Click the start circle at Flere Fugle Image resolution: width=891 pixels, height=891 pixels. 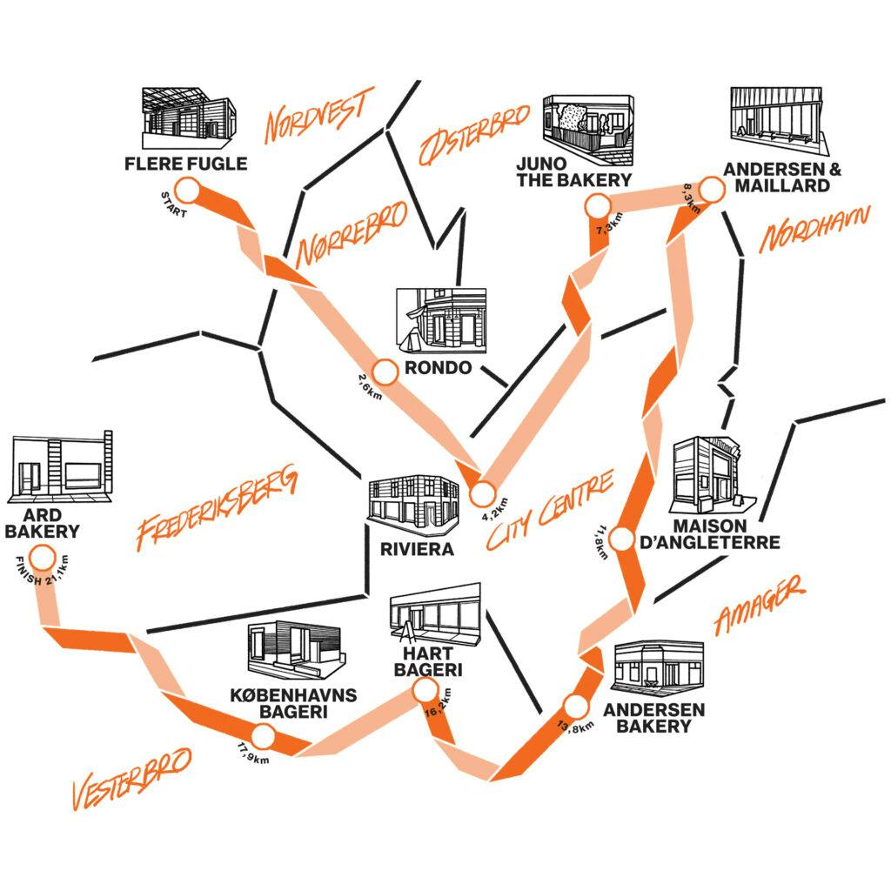click(187, 189)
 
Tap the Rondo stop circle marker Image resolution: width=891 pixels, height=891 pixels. click(384, 369)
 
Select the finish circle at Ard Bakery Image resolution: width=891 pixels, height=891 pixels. click(40, 558)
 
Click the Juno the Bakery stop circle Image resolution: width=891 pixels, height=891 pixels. click(597, 206)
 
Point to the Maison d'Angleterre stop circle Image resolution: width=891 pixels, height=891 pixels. click(621, 539)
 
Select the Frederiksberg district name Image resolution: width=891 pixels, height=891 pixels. click(217, 511)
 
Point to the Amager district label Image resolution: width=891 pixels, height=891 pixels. click(759, 606)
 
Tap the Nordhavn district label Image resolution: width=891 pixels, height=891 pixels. click(814, 228)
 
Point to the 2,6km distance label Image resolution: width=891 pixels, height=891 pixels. click(369, 385)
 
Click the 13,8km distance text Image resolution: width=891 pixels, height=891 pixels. click(575, 726)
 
